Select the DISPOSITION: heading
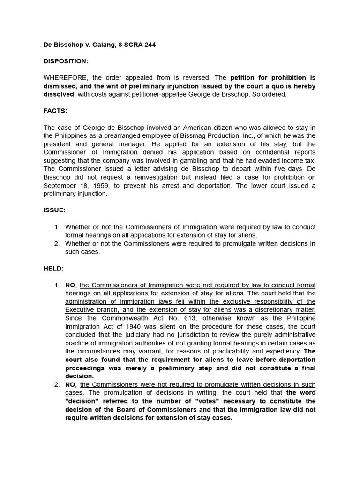[x=66, y=61]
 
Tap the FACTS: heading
[x=55, y=111]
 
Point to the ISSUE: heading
[x=54, y=210]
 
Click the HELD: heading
[x=53, y=269]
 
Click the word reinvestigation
[x=153, y=177]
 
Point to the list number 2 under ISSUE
[x=57, y=244]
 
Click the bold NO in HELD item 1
[x=70, y=285]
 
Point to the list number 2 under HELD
[x=57, y=385]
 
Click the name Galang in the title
[x=100, y=45]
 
